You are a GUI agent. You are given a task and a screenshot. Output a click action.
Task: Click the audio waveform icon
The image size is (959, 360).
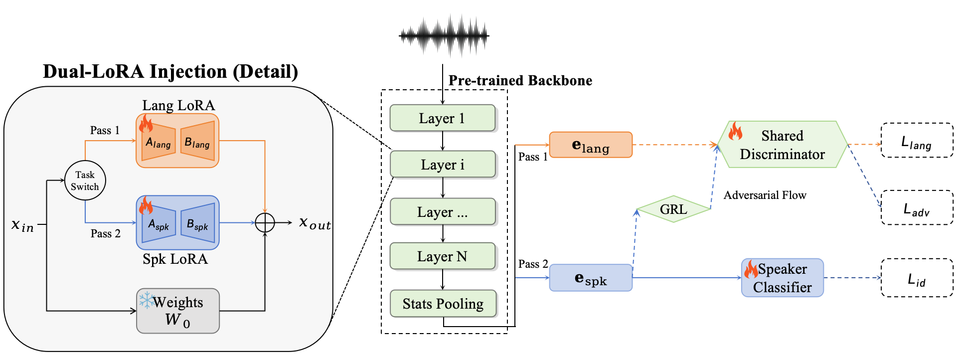tap(444, 35)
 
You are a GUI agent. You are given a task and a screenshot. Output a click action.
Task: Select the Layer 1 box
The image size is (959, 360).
tap(442, 118)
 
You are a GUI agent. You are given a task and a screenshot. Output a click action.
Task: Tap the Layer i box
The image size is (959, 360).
tap(442, 165)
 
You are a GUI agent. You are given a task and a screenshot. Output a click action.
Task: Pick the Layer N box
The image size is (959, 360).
tap(442, 256)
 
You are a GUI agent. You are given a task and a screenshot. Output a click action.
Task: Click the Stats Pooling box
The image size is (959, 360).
tap(443, 304)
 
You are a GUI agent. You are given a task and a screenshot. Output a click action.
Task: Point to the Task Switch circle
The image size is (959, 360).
tap(85, 180)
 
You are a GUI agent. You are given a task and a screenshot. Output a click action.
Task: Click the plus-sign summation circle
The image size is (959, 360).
tap(265, 222)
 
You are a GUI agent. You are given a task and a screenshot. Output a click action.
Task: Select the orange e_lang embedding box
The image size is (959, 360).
tap(591, 145)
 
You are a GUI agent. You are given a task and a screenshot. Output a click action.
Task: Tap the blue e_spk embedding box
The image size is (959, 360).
tap(591, 278)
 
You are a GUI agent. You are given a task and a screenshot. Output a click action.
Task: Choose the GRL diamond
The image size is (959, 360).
tap(673, 209)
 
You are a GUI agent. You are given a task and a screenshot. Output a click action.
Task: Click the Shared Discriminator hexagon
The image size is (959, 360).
tap(782, 145)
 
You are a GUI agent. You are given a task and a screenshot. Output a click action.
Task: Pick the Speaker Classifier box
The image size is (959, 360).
tap(782, 278)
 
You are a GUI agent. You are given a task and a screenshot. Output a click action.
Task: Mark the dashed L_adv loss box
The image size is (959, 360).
tap(917, 208)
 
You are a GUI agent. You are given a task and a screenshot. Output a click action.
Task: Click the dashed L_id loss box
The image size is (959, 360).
tap(917, 278)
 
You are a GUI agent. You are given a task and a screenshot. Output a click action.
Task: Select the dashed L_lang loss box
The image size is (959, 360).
tap(917, 141)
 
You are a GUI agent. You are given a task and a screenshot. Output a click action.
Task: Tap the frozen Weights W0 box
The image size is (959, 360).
tap(178, 311)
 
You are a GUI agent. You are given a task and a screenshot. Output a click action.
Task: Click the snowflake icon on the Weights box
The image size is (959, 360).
tap(146, 300)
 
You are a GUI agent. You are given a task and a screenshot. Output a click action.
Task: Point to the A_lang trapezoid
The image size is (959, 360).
tap(159, 142)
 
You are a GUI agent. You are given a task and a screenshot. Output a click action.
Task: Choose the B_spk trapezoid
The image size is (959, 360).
tap(197, 223)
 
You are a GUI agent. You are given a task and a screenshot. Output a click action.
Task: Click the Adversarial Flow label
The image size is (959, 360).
tap(765, 195)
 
